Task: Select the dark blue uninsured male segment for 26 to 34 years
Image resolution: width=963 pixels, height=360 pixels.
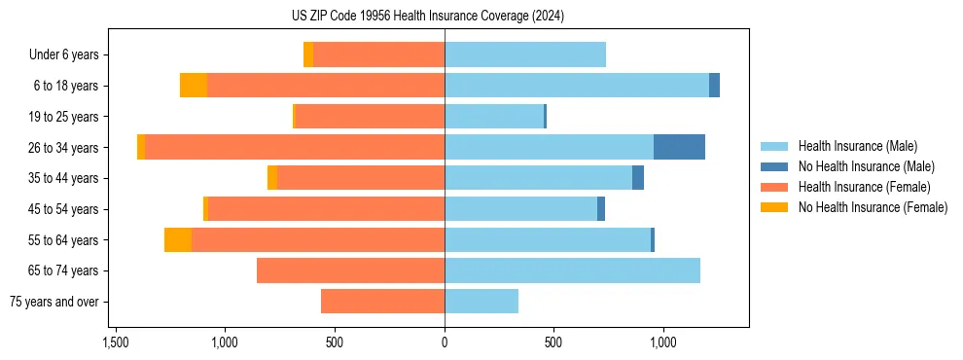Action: (679, 147)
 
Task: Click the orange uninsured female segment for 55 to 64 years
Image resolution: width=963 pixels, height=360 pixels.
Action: (178, 240)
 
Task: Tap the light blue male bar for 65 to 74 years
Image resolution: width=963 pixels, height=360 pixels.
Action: (572, 270)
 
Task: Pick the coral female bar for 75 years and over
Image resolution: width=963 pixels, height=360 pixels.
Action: (382, 302)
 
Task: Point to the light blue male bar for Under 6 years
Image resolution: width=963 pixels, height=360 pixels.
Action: (525, 54)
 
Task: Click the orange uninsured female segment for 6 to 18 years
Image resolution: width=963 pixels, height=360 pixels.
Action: (194, 86)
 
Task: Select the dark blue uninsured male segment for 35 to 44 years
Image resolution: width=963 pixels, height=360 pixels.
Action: (638, 178)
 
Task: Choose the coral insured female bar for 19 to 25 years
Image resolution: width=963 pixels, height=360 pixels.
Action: (370, 117)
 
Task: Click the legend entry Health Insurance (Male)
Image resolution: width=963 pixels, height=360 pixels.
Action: (857, 146)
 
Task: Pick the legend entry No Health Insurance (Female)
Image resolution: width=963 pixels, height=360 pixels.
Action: (873, 207)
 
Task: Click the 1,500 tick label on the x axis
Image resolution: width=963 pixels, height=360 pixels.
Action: (116, 342)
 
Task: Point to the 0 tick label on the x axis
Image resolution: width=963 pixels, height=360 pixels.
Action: (445, 342)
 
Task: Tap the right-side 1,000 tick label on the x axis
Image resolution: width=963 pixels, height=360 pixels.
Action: (663, 342)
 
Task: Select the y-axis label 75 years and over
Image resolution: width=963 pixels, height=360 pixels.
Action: (54, 302)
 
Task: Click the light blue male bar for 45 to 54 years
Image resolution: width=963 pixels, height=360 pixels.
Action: (520, 209)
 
